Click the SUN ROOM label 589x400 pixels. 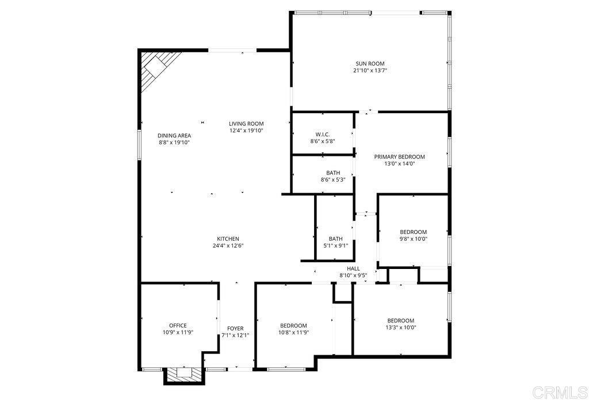pos(370,64)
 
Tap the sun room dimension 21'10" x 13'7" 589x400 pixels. pos(370,71)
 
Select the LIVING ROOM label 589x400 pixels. pos(246,124)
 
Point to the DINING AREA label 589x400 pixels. pos(174,136)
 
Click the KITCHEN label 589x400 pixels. pos(228,239)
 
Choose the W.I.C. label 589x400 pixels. pos(322,134)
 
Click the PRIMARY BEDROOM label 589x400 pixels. pos(399,157)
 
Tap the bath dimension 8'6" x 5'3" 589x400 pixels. pos(333,180)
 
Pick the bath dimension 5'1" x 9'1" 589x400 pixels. pos(335,246)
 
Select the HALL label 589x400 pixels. pos(353,268)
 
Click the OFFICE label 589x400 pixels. pos(178,325)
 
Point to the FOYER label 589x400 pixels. pos(235,328)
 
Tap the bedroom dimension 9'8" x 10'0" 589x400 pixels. pos(414,239)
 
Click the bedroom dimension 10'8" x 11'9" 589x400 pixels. pos(293,332)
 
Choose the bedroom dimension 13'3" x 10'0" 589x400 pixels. pos(401,328)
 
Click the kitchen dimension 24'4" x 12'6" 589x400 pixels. pos(228,246)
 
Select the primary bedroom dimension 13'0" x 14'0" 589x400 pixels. pos(399,164)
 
